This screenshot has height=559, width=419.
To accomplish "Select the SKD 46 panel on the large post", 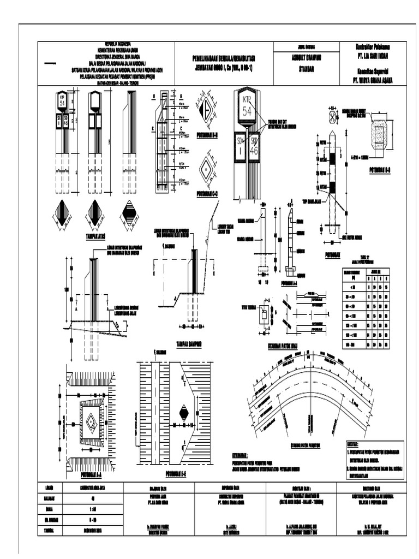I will click(254, 147).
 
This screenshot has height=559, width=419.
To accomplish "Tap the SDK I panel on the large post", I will click(241, 147).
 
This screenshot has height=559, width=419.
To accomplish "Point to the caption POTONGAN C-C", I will click(207, 193).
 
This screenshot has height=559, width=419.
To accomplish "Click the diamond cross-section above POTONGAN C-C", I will click(207, 168).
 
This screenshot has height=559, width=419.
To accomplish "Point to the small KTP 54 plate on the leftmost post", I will click(62, 102).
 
